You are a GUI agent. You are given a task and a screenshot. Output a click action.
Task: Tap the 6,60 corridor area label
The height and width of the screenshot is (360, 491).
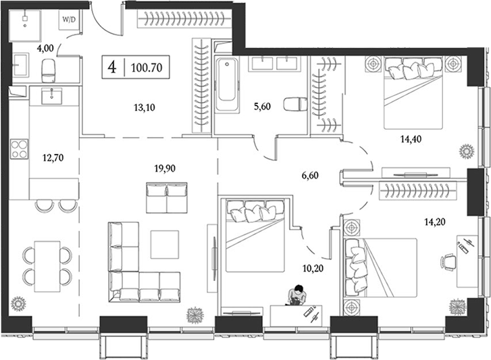coord(310,175)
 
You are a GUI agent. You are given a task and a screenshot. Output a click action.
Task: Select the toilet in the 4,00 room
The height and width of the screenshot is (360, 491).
coord(49,68)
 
